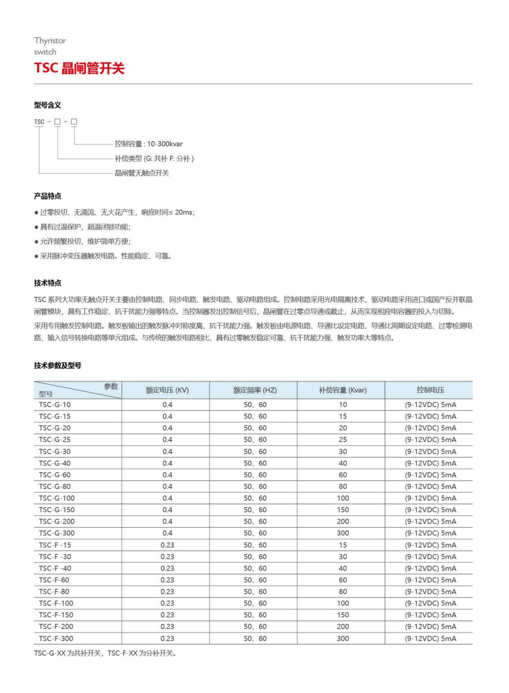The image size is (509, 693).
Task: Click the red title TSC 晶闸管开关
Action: click(79, 68)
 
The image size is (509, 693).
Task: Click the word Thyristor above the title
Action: click(50, 41)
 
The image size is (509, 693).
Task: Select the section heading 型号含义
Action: click(47, 105)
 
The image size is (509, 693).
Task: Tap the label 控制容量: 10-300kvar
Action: click(149, 144)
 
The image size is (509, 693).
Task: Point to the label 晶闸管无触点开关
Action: click(142, 173)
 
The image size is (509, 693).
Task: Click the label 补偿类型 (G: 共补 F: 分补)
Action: click(154, 159)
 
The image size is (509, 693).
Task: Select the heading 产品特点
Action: click(47, 196)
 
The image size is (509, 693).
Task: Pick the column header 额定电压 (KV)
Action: click(167, 390)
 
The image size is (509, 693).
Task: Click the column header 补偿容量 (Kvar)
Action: click(343, 390)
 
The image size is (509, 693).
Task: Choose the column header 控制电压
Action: click(430, 390)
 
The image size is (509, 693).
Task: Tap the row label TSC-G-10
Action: click(55, 405)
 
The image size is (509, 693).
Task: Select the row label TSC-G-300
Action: click(56, 533)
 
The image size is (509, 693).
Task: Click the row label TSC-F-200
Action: click(56, 627)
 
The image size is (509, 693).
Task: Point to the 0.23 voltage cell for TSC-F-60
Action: click(167, 580)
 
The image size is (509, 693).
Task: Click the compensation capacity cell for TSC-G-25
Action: click(343, 440)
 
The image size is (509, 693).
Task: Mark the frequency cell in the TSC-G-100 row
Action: click(255, 498)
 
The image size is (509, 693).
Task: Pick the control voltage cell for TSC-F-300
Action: click(430, 639)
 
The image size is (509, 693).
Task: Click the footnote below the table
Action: click(105, 653)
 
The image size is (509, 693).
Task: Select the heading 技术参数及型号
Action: click(58, 365)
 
